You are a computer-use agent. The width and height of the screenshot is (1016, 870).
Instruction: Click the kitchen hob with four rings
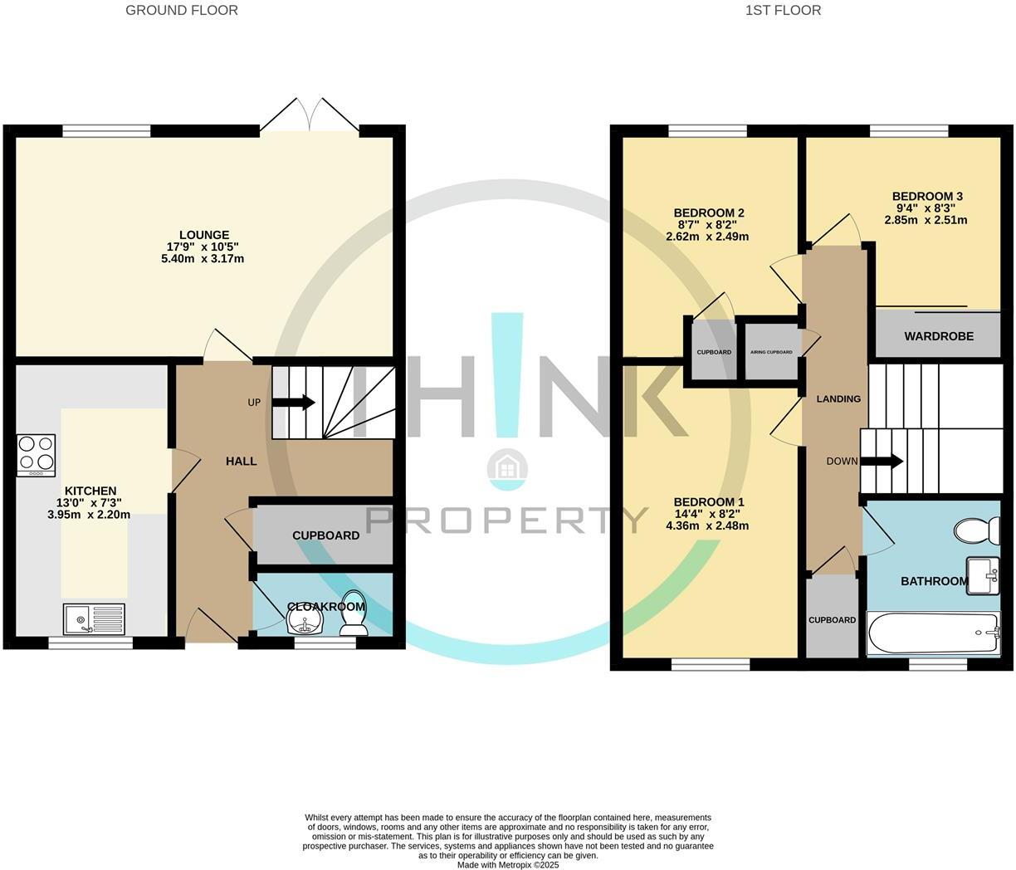pos(37,455)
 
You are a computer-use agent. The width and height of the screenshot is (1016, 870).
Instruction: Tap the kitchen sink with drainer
pos(94,618)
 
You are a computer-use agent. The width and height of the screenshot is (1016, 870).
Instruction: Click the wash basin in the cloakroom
pos(303,623)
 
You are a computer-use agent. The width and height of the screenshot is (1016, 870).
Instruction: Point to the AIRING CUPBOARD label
pos(771,352)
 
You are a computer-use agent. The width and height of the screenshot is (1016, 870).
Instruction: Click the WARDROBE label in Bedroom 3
pos(939,336)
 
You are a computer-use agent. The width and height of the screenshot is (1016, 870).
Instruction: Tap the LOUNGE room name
pos(204,235)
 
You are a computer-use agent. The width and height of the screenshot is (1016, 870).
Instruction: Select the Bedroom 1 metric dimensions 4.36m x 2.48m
pos(708,525)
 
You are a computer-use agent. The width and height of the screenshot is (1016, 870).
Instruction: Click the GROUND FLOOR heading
pos(182,11)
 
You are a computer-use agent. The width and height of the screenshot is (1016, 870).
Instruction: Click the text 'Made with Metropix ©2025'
pos(508,864)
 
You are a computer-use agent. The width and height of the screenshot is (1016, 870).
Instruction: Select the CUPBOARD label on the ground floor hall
pos(325,535)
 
